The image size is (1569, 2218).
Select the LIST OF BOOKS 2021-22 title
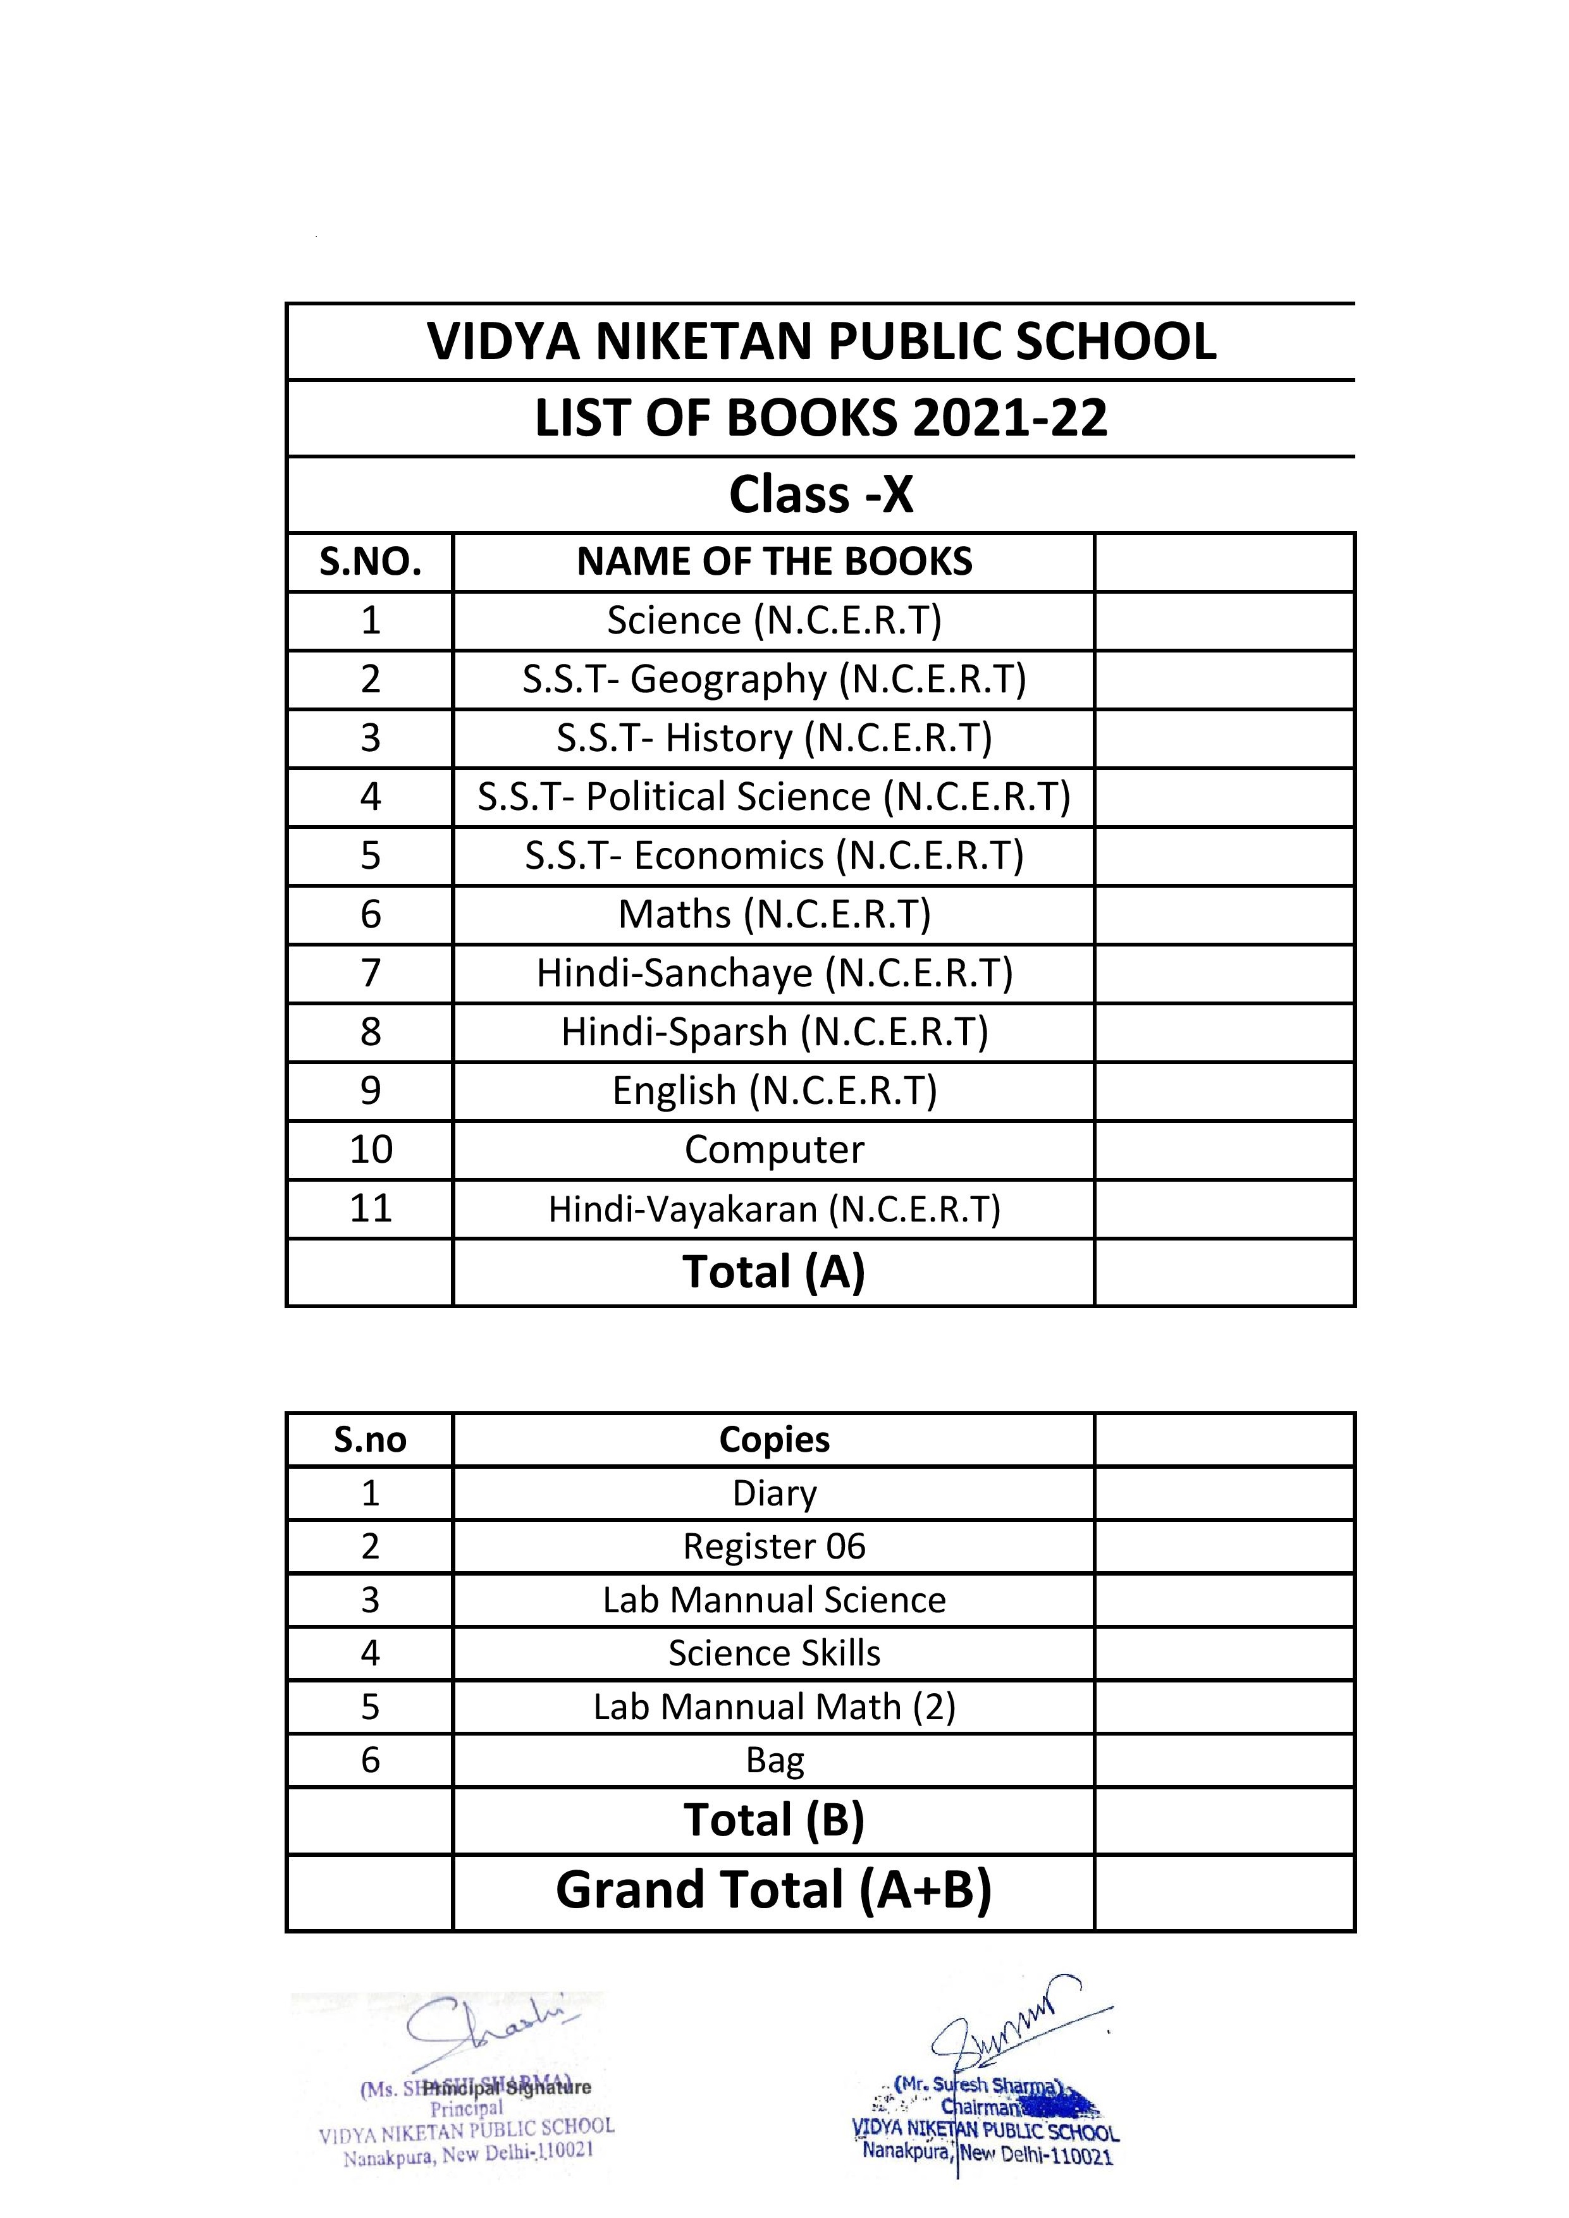[x=821, y=419]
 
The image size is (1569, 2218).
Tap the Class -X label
[x=821, y=494]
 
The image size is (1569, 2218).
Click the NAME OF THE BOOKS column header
[x=774, y=562]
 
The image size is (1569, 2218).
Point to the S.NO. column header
[x=370, y=562]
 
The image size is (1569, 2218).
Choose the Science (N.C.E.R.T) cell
[x=774, y=620]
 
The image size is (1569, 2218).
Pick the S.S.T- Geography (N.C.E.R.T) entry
[x=774, y=679]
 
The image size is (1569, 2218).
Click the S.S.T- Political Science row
[x=774, y=797]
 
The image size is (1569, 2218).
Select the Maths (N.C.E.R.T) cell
[x=774, y=914]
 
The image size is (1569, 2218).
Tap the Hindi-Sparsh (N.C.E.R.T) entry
[x=774, y=1032]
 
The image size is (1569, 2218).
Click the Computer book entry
[x=774, y=1149]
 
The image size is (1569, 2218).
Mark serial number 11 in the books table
[x=370, y=1208]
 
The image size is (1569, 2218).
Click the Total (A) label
[x=774, y=1271]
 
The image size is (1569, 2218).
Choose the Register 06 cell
[x=774, y=1546]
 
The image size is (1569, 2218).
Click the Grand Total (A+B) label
[x=774, y=1890]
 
